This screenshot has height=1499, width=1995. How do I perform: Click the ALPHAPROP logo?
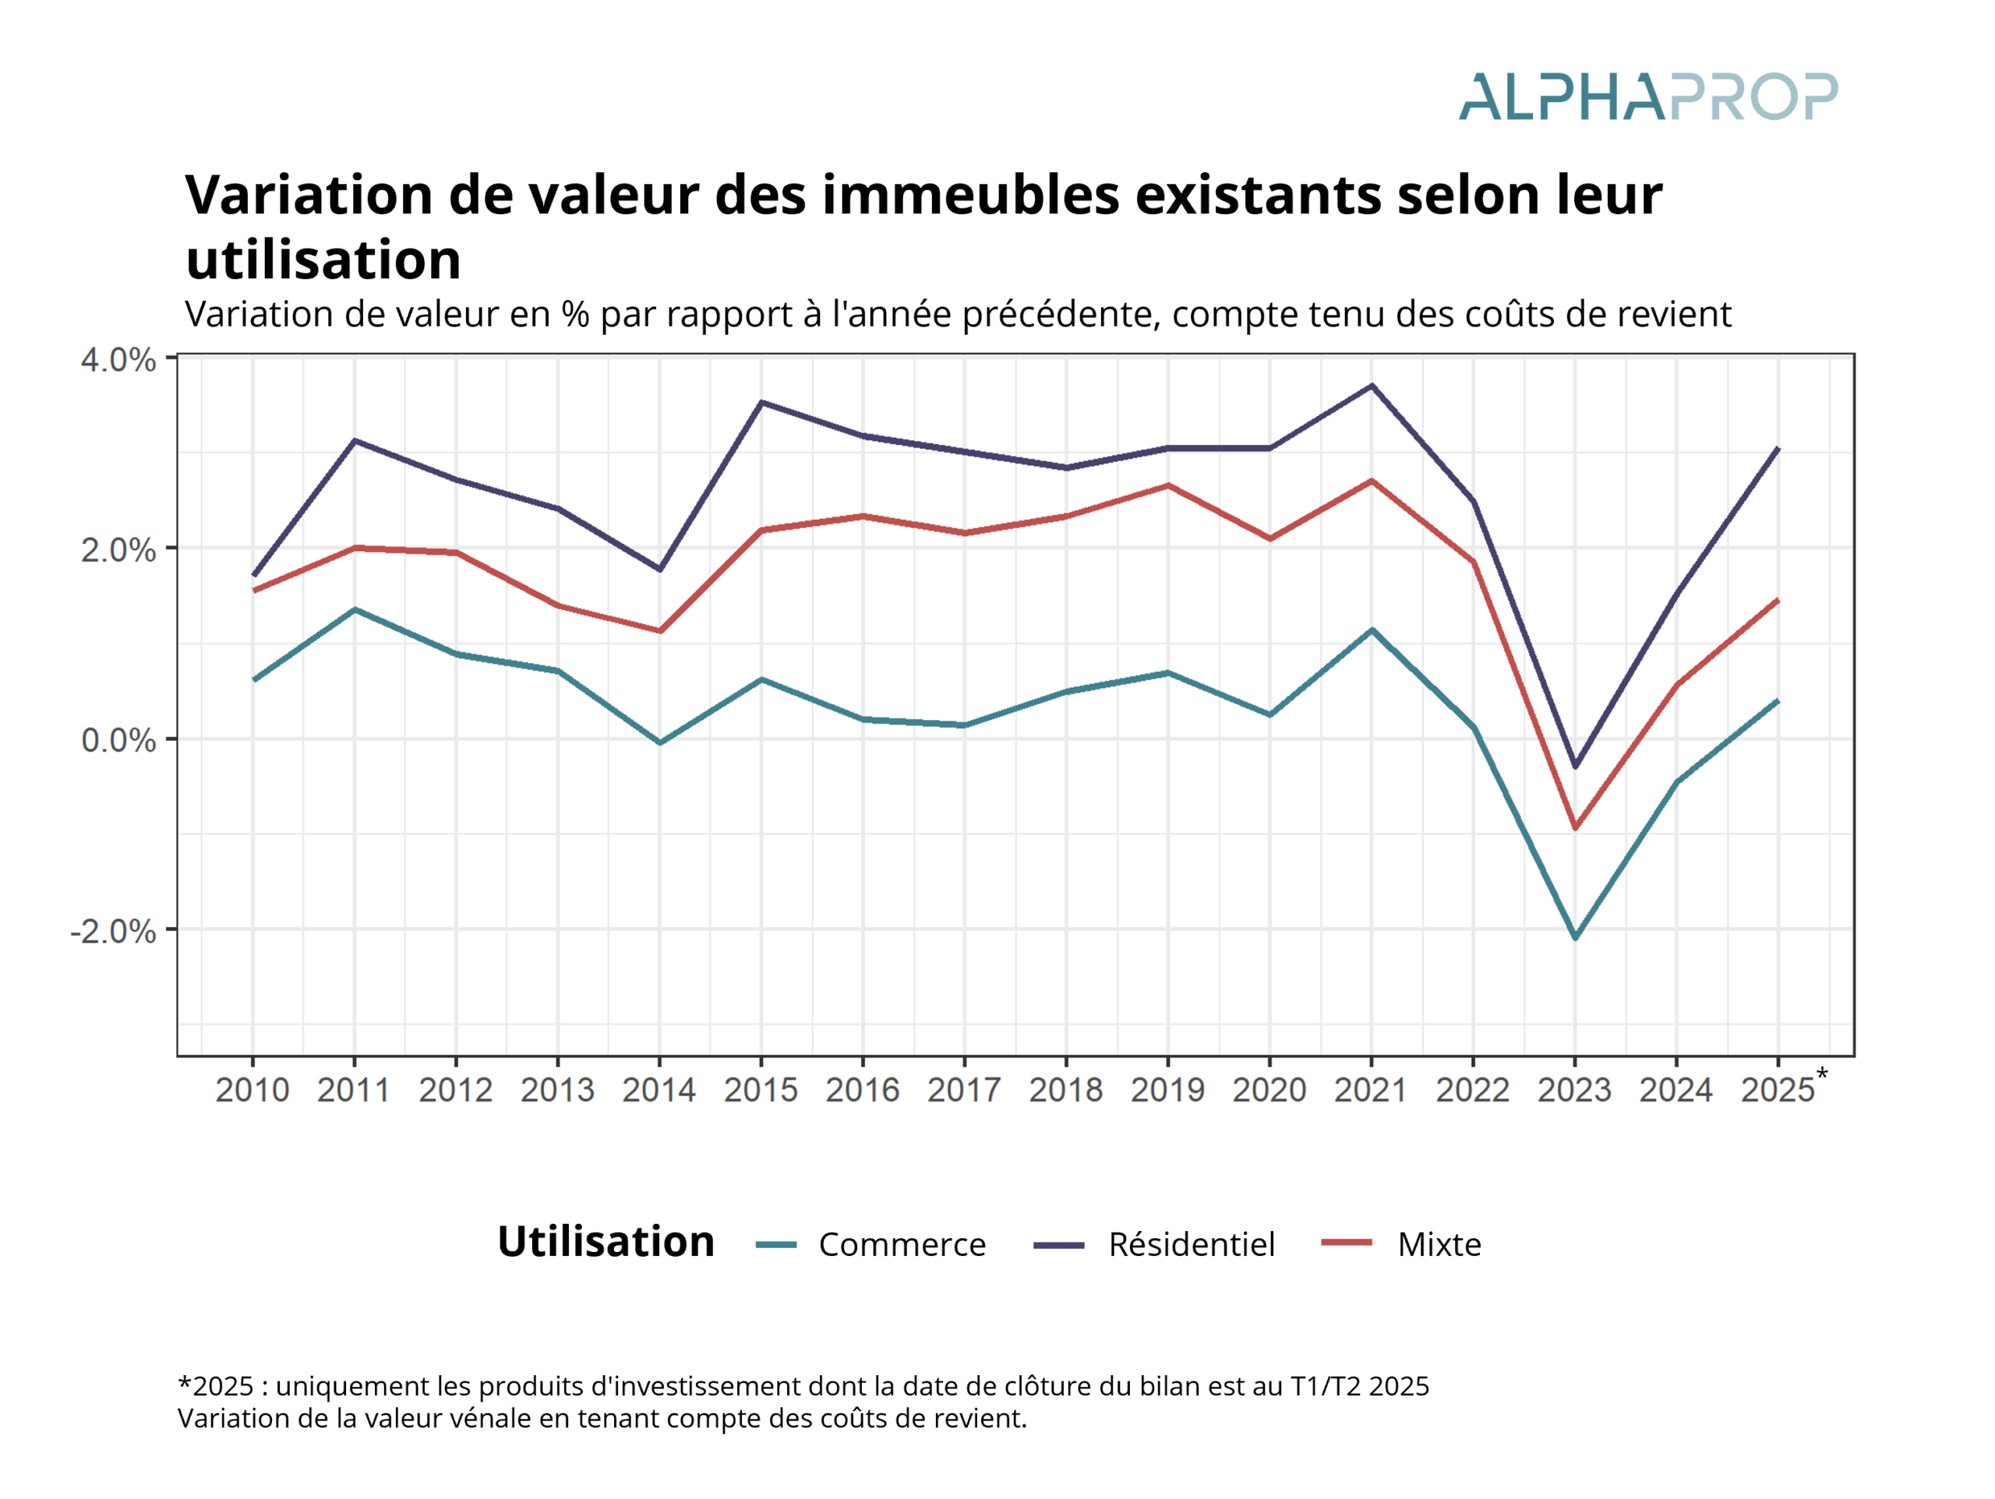pyautogui.click(x=1647, y=97)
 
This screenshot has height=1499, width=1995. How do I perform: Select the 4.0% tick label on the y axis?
pyautogui.click(x=118, y=360)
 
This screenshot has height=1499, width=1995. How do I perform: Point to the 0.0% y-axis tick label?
pyautogui.click(x=118, y=740)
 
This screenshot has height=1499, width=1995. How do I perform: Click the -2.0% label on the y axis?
pyautogui.click(x=114, y=931)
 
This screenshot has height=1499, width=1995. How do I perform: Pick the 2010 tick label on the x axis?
pyautogui.click(x=252, y=1091)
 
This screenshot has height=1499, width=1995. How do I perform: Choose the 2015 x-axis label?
pyautogui.click(x=761, y=1091)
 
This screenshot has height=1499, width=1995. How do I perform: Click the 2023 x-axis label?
pyautogui.click(x=1575, y=1091)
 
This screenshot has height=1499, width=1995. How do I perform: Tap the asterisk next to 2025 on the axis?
pyautogui.click(x=1822, y=1074)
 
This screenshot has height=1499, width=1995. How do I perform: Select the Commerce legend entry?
pyautogui.click(x=902, y=1245)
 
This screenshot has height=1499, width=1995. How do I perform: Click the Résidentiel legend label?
pyautogui.click(x=1192, y=1245)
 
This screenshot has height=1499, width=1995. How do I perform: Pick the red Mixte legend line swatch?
pyautogui.click(x=1347, y=1243)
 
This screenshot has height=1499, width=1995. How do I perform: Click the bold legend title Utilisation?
pyautogui.click(x=606, y=1242)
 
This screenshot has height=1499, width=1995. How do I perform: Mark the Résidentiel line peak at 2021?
pyautogui.click(x=1372, y=386)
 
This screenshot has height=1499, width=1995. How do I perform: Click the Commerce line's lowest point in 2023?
pyautogui.click(x=1576, y=939)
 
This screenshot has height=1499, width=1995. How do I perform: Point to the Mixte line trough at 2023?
pyautogui.click(x=1576, y=828)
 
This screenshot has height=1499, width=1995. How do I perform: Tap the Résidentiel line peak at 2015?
pyautogui.click(x=761, y=402)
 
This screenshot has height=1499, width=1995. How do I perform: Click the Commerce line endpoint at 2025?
pyautogui.click(x=1778, y=700)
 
